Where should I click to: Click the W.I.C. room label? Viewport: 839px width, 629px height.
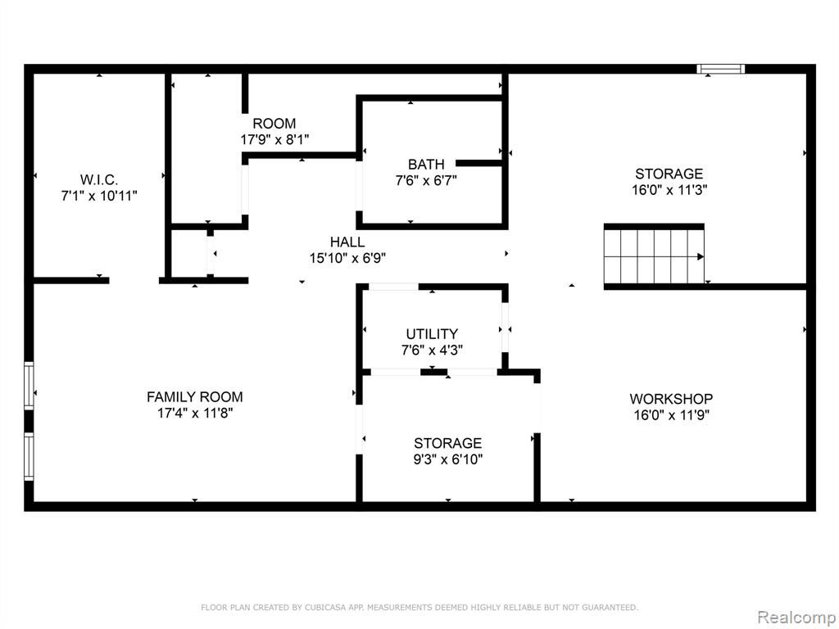coord(99,179)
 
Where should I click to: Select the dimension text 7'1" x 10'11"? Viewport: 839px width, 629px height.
coord(99,196)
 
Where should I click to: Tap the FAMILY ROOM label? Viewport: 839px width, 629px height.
coord(195,397)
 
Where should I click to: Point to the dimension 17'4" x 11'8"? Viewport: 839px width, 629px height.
coord(195,413)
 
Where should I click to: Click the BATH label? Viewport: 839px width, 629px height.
coord(426,164)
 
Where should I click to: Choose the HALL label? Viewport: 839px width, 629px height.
coord(347,242)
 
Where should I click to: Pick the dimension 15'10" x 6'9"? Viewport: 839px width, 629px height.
coord(347,258)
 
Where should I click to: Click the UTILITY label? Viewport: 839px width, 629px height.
coord(432,334)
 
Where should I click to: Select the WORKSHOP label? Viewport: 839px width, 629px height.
coord(671,399)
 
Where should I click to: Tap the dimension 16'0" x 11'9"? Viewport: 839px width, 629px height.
coord(671,415)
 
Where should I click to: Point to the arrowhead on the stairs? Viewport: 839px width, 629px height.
coord(700,256)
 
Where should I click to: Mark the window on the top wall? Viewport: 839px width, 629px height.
coord(721,69)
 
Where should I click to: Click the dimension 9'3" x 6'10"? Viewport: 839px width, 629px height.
coord(448,459)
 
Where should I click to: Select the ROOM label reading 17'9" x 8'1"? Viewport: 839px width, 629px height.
coord(274,124)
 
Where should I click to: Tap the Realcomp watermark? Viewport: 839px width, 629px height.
coord(796,618)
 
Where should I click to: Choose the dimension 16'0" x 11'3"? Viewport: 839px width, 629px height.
coord(669,190)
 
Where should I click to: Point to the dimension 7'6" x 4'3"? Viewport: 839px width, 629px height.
coord(432,351)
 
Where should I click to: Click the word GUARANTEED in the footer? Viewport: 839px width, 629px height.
coord(610,607)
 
